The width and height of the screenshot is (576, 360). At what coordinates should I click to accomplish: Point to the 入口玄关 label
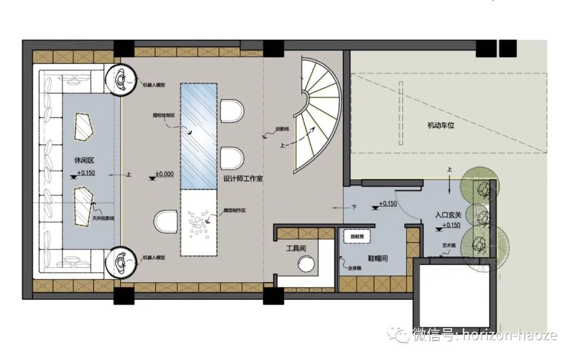point(449,215)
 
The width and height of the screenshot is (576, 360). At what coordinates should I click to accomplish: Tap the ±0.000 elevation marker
point(165,174)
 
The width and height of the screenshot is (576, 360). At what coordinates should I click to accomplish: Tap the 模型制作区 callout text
point(233,211)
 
